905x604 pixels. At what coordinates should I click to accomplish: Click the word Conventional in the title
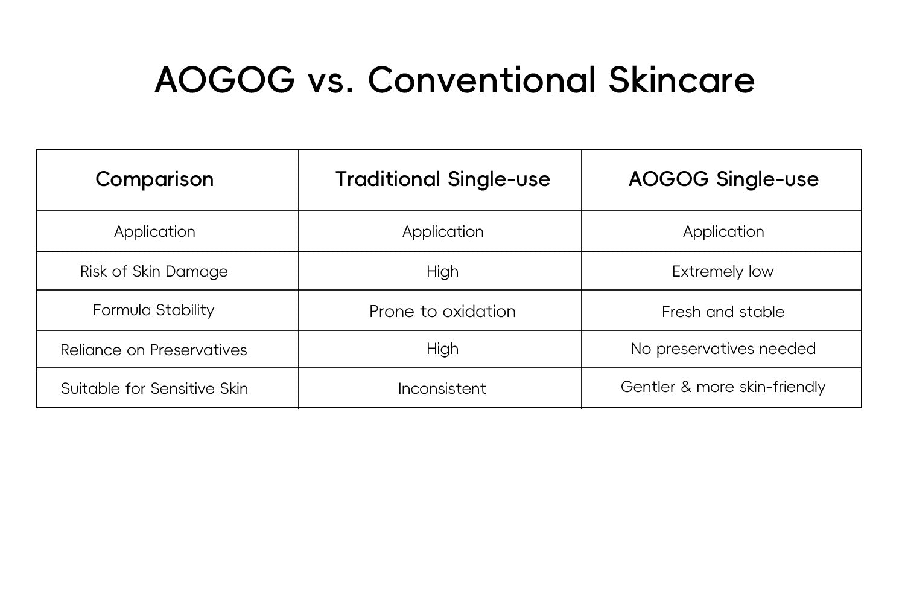[482, 80]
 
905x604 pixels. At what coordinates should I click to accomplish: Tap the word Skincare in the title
[682, 80]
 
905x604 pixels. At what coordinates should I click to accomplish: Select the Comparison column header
[154, 179]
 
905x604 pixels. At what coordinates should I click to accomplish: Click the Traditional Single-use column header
[442, 179]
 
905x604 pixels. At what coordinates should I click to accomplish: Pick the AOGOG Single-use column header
[723, 179]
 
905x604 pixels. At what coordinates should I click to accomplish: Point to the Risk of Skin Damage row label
[154, 271]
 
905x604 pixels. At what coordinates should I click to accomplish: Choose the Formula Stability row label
[153, 310]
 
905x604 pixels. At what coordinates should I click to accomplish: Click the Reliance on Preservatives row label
[153, 350]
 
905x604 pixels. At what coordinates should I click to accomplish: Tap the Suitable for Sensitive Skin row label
[154, 389]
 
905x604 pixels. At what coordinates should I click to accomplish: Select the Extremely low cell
[723, 271]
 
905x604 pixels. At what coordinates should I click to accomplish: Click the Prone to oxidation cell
[442, 312]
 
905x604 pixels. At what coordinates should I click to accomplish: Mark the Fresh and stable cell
[723, 312]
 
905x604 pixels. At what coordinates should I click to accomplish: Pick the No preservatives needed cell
[723, 349]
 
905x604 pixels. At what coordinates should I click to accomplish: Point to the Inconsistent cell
[442, 389]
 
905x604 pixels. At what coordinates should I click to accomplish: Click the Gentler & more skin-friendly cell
[723, 387]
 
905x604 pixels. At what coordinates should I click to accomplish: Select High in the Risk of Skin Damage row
[442, 271]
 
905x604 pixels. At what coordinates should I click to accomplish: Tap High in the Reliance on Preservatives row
[442, 349]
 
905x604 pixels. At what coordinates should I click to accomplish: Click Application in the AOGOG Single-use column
[723, 232]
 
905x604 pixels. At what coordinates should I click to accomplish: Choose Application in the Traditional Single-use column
[443, 232]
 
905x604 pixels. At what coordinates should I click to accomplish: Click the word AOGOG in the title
[224, 80]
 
